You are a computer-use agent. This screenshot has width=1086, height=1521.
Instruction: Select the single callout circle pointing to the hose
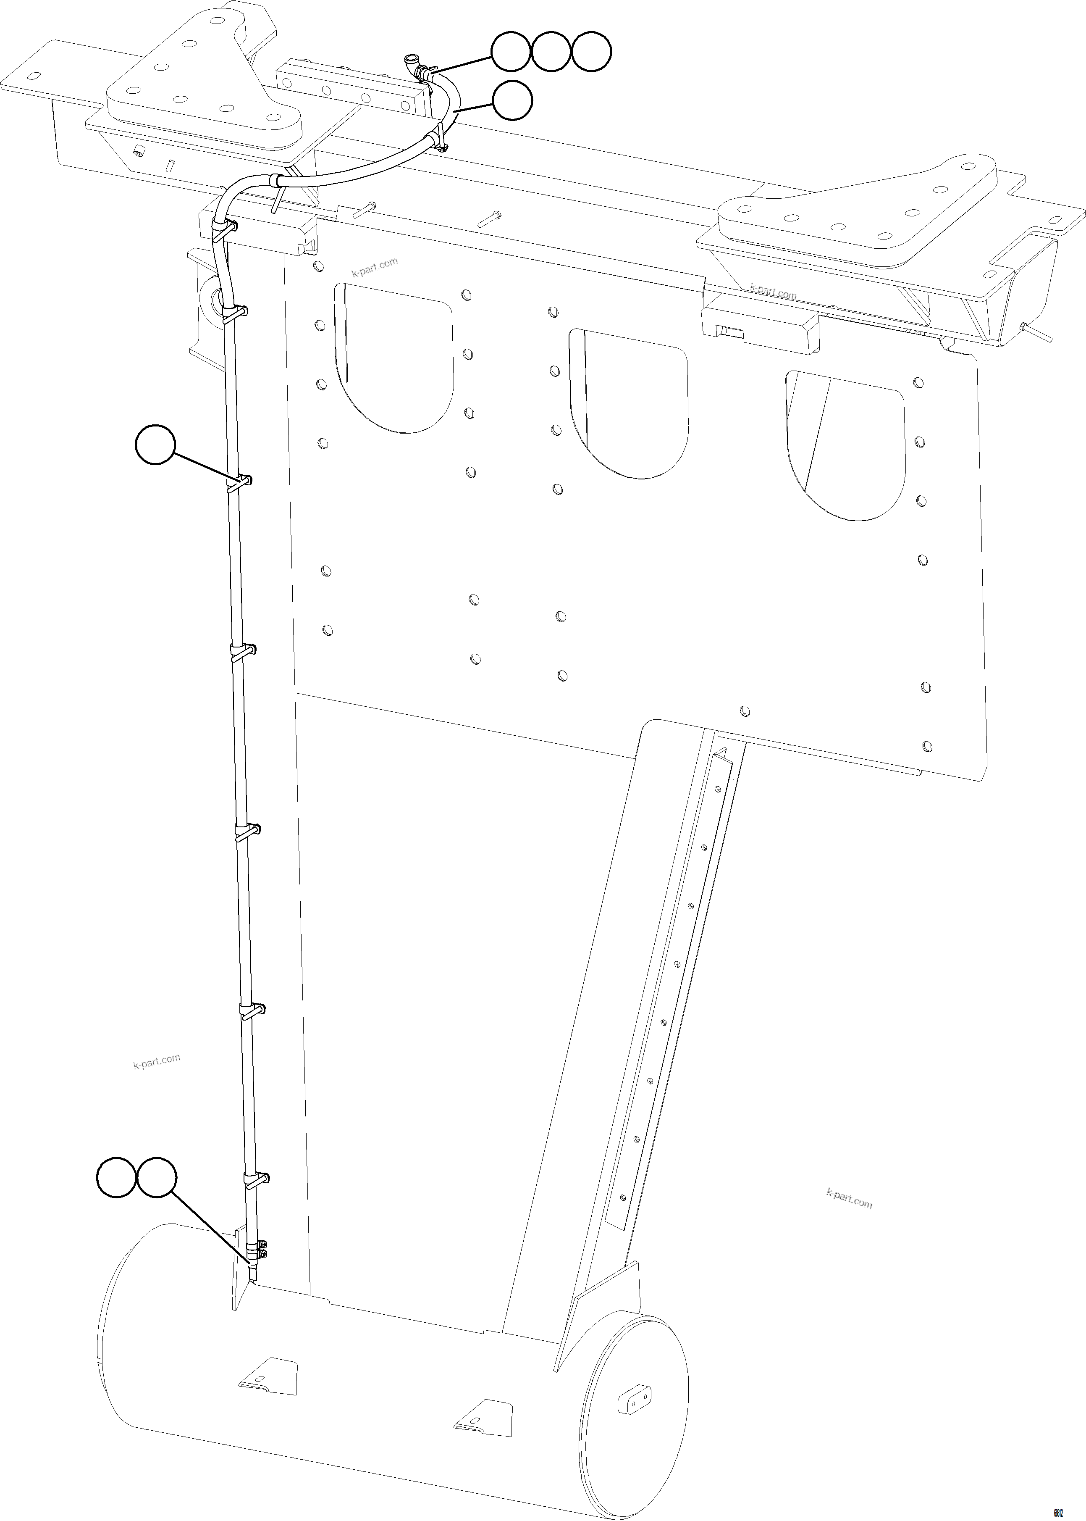click(x=512, y=100)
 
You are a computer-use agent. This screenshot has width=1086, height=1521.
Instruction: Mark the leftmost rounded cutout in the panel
click(x=394, y=358)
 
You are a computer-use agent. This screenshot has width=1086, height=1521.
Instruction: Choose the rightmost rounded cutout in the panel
click(x=846, y=445)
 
